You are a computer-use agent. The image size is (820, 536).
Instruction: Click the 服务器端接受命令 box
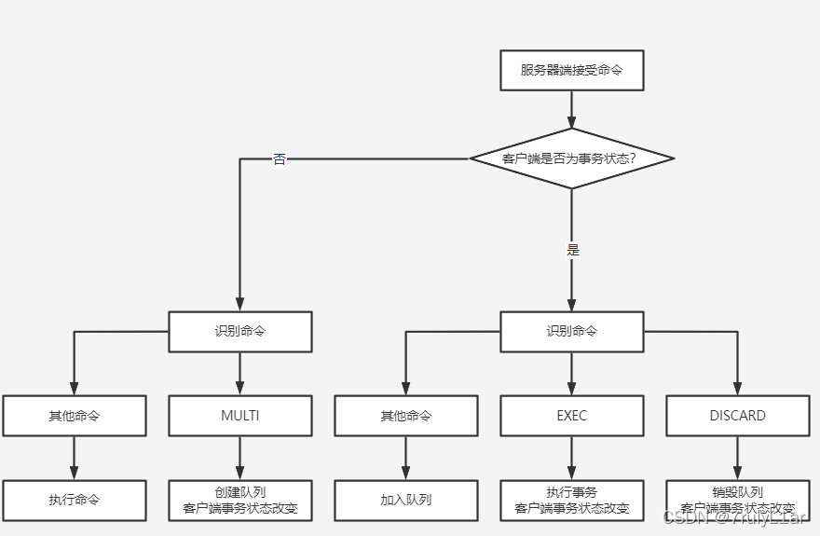(x=571, y=70)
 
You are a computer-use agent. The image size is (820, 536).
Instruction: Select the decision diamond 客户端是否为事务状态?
(x=571, y=158)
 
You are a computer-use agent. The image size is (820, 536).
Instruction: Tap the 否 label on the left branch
(x=280, y=159)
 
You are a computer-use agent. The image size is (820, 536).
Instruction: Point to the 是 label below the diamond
(x=572, y=250)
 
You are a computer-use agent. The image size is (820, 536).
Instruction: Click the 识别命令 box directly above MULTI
(x=239, y=331)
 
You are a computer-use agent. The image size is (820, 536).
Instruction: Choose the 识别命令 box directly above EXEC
(x=571, y=331)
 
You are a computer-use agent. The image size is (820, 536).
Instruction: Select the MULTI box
(x=239, y=416)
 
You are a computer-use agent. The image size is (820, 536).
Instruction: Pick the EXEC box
(x=571, y=416)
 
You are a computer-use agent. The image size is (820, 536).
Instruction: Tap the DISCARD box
(x=737, y=416)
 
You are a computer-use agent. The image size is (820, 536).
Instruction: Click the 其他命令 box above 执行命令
(x=75, y=416)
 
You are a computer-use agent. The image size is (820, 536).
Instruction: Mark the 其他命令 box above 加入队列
(x=406, y=416)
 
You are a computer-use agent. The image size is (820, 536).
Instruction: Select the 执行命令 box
(x=75, y=500)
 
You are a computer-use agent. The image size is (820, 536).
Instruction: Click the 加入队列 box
(x=406, y=500)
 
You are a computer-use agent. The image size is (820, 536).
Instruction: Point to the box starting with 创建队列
(x=239, y=500)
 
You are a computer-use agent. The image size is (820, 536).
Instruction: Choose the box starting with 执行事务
(x=571, y=500)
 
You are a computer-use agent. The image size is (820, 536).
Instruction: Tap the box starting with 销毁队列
(x=737, y=500)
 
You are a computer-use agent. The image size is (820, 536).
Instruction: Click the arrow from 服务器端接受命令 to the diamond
(x=571, y=109)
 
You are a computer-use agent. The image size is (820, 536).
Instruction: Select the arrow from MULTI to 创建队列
(x=239, y=458)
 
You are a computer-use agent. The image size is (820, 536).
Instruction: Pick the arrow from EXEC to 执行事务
(x=571, y=458)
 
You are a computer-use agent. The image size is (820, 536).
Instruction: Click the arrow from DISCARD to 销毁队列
(x=737, y=458)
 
